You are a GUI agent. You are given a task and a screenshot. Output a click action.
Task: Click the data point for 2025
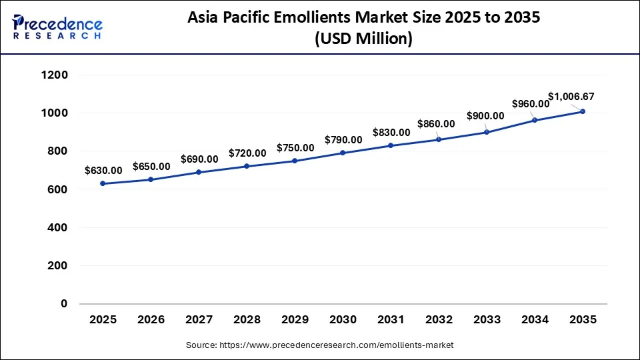[103, 183]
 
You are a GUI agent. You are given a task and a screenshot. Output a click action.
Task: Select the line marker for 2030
[343, 153]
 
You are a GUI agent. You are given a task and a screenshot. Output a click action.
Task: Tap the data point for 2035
[583, 111]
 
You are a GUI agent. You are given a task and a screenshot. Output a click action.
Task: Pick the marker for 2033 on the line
[487, 132]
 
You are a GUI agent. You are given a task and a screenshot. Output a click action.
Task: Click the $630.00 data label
[103, 171]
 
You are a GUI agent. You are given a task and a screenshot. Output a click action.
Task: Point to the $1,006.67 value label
[571, 97]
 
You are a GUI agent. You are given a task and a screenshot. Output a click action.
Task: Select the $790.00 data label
[343, 140]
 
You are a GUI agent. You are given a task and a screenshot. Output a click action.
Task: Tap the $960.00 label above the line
[531, 103]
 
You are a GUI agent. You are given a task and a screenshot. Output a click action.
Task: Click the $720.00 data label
[247, 153]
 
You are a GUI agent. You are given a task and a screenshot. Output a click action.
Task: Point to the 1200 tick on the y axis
[54, 75]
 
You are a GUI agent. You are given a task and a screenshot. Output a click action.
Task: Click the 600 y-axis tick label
[57, 189]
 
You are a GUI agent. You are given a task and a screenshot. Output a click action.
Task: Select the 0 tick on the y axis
[65, 303]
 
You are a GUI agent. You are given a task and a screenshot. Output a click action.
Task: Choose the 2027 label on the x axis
[199, 320]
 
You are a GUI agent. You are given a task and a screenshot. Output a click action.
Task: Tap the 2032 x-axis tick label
[439, 320]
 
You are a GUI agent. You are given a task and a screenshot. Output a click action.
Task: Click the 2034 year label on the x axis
[535, 320]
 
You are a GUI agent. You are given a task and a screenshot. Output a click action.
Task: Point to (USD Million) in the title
[363, 39]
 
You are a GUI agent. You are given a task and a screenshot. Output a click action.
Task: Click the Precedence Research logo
[57, 27]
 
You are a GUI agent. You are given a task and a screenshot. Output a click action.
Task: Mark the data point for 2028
[247, 166]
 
